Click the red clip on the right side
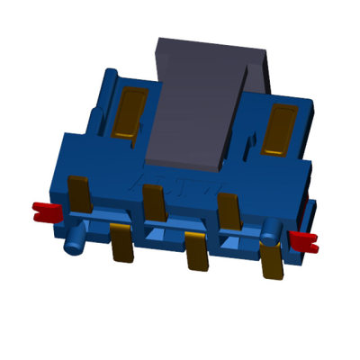tap(304, 239)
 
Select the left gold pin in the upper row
tap(79, 193)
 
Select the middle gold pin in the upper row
tap(154, 202)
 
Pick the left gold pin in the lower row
tap(121, 243)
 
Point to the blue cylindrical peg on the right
tap(269, 229)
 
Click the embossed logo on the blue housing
tap(180, 189)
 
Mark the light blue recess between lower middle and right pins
tap(232, 243)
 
